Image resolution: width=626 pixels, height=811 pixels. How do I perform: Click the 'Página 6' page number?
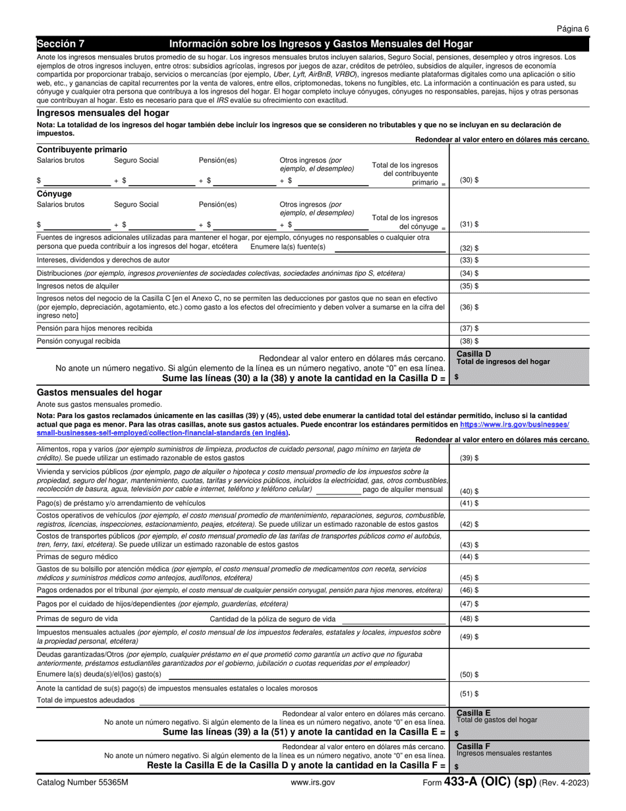click(573, 28)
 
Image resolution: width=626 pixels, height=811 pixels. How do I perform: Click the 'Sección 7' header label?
click(61, 44)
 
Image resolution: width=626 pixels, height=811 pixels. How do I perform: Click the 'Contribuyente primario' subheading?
click(82, 150)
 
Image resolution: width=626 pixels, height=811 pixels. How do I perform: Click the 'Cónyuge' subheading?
click(54, 194)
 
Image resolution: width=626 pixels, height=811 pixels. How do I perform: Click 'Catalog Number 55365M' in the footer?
click(82, 783)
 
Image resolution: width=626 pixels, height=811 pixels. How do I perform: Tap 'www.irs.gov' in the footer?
click(312, 783)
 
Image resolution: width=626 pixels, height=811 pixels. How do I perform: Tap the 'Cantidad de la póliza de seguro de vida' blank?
click(394, 620)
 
